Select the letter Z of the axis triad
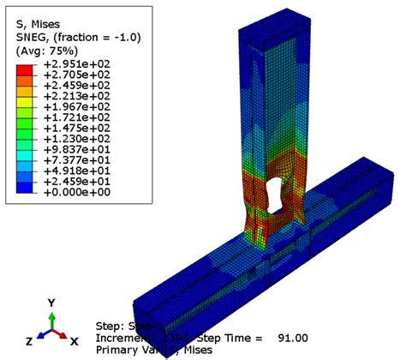pyautogui.click(x=30, y=341)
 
